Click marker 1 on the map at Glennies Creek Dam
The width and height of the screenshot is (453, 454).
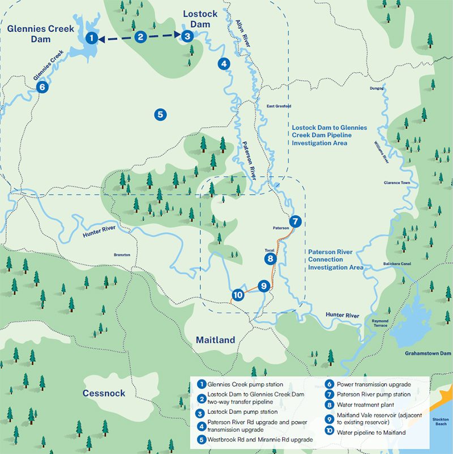[91, 38]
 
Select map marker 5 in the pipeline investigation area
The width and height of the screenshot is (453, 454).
[160, 114]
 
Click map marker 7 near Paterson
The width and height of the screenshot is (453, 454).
[295, 221]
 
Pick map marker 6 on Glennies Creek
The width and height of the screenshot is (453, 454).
[40, 87]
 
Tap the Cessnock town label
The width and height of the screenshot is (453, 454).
[104, 393]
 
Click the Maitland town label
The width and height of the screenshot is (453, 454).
[215, 340]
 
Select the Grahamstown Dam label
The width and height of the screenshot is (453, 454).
[428, 353]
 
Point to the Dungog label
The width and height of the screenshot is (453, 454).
[377, 88]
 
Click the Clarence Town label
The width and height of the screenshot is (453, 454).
[396, 183]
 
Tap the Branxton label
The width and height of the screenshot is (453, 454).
[122, 255]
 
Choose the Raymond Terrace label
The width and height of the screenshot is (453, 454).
[380, 323]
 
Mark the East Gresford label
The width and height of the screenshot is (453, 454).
[279, 106]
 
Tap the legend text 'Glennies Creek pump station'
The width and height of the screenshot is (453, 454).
[246, 384]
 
